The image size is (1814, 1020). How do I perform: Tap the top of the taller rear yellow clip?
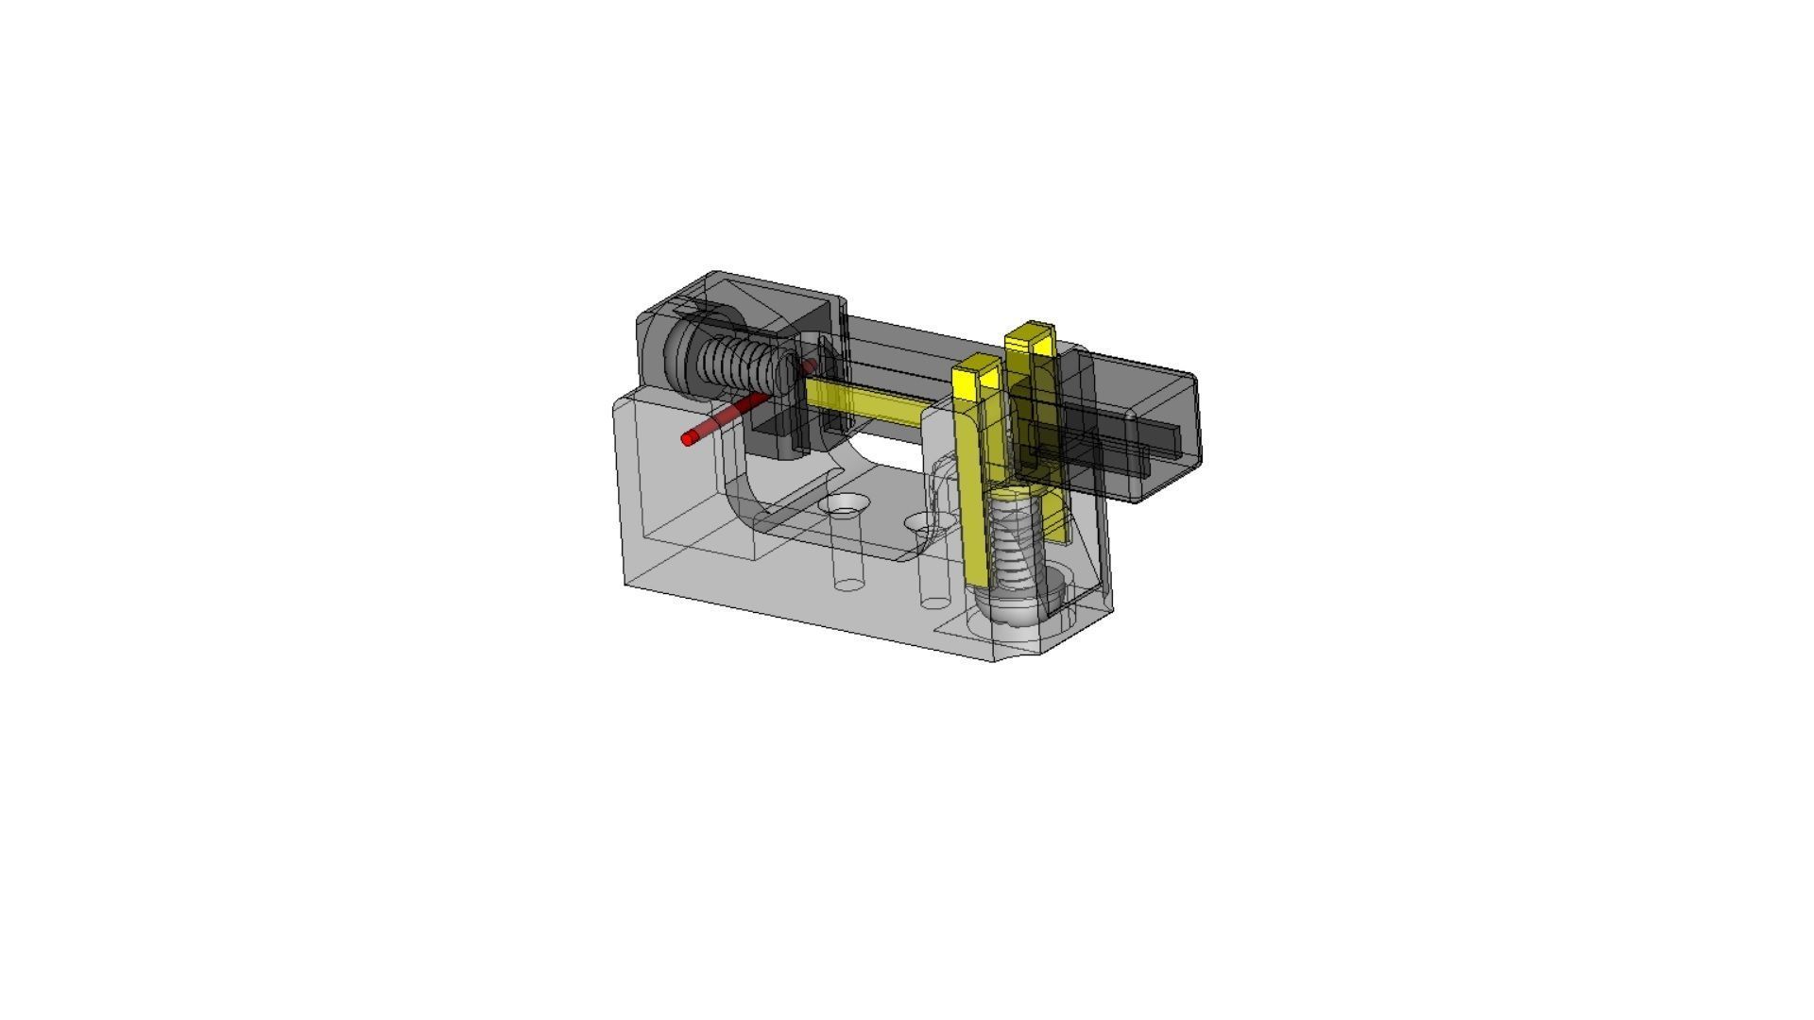point(1030,333)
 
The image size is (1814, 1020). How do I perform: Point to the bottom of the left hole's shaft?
point(849,585)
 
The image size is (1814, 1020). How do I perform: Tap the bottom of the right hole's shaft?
point(935,602)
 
